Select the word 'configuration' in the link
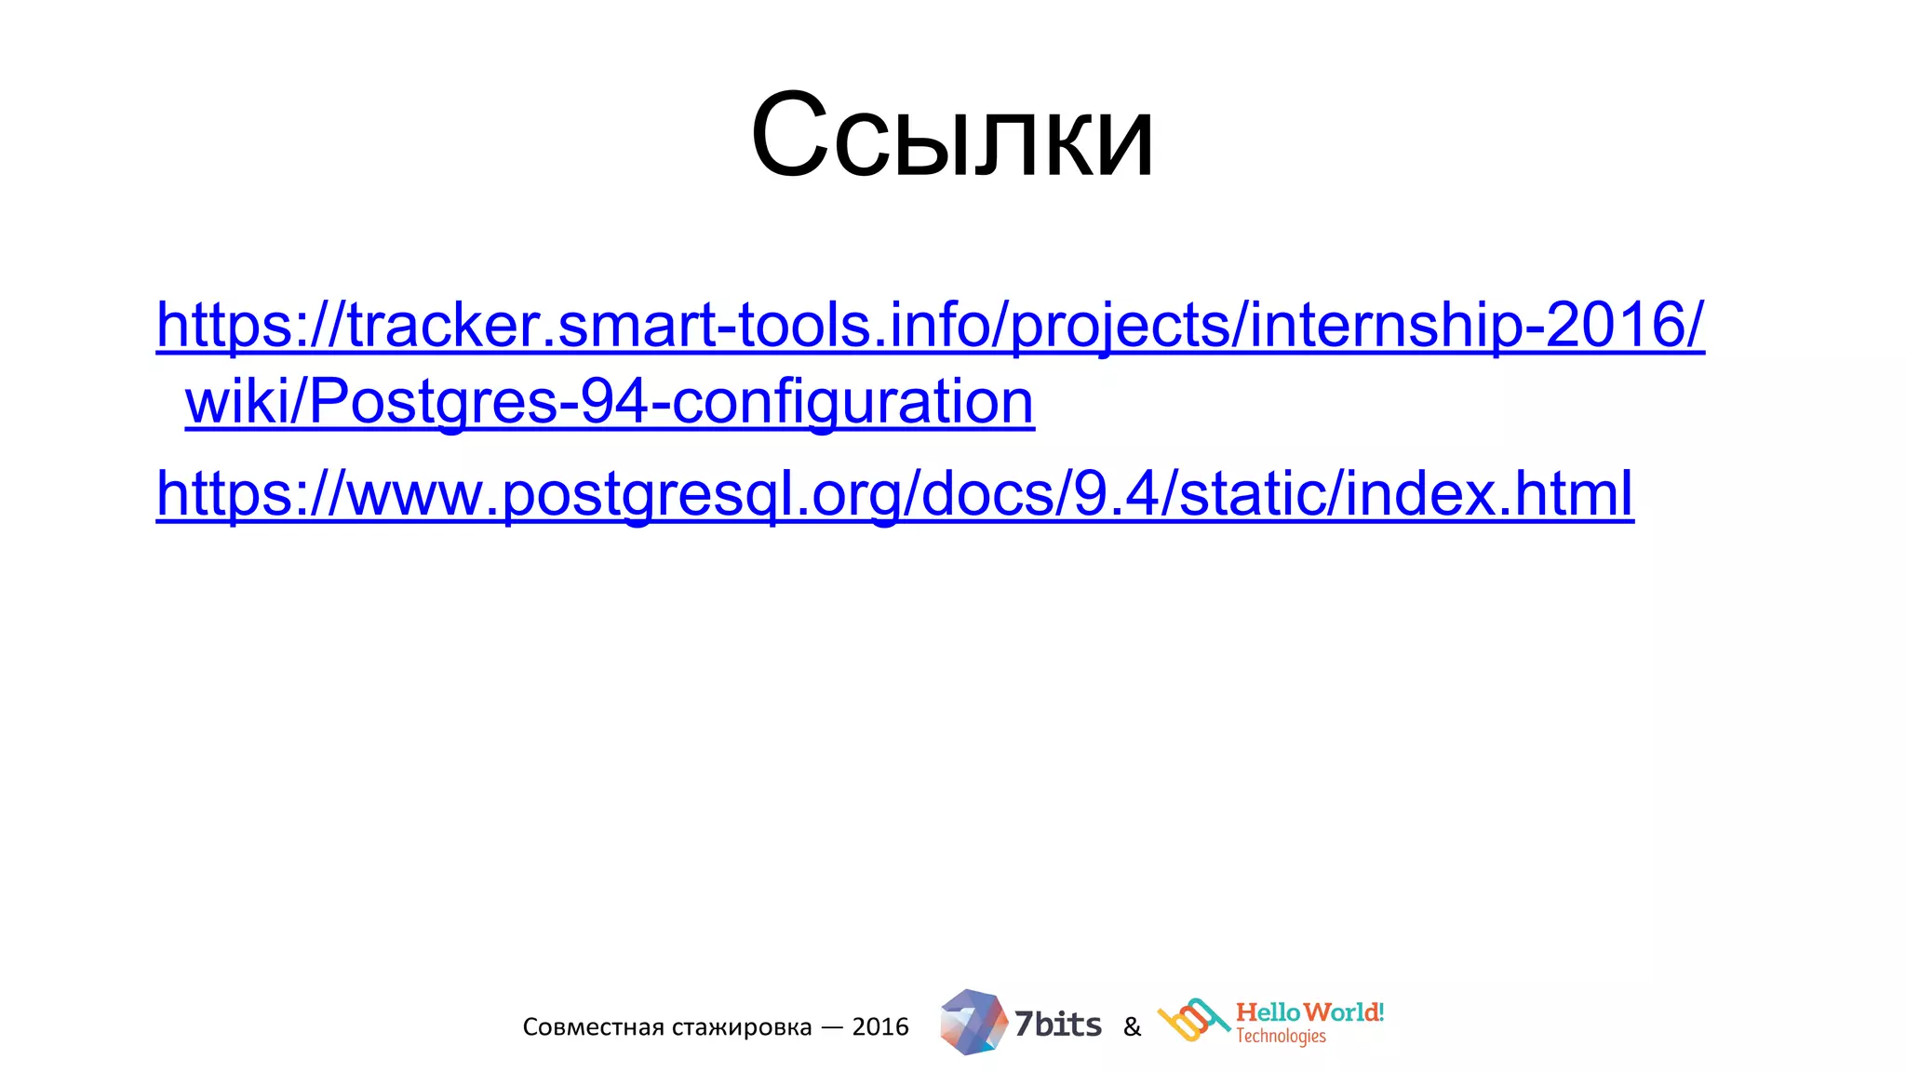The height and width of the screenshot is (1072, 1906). click(x=852, y=402)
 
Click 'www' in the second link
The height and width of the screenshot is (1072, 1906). click(x=414, y=494)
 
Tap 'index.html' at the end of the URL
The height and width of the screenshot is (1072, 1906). click(x=1489, y=494)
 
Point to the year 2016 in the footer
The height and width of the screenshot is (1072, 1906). click(x=880, y=1027)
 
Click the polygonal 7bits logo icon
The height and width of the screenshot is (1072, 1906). click(x=973, y=1022)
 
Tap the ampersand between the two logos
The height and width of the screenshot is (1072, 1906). click(x=1132, y=1027)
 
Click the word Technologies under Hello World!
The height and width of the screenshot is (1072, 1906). click(x=1281, y=1037)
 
